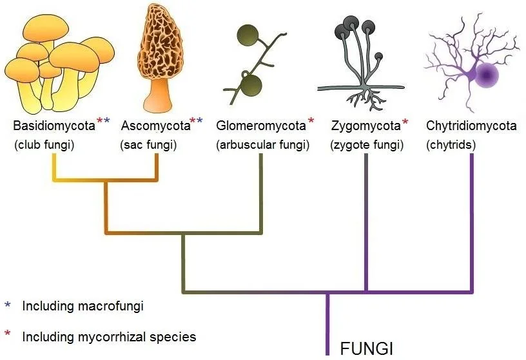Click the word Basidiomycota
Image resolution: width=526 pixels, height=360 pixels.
[54, 126]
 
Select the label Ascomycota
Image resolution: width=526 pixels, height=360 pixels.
[155, 126]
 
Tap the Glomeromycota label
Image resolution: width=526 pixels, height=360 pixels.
[261, 126]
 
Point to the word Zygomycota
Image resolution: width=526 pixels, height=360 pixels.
[366, 126]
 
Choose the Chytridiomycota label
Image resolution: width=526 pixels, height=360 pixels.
[471, 126]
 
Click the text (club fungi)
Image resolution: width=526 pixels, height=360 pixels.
[44, 145]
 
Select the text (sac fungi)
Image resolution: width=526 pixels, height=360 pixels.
[148, 145]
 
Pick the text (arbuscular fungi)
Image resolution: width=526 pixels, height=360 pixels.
[262, 145]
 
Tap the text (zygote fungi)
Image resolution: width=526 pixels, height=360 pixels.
[367, 145]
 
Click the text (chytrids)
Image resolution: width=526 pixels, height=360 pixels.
[451, 145]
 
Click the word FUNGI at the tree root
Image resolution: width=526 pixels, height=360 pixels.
[366, 348]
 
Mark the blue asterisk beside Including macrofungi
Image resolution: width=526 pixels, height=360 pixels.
[8, 305]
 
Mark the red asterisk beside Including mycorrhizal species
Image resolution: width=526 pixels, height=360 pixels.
[8, 334]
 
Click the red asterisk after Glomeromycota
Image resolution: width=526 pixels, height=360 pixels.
[311, 120]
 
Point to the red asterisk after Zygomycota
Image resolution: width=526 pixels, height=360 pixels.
[405, 120]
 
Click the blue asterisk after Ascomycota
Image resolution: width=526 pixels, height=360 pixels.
[200, 120]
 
